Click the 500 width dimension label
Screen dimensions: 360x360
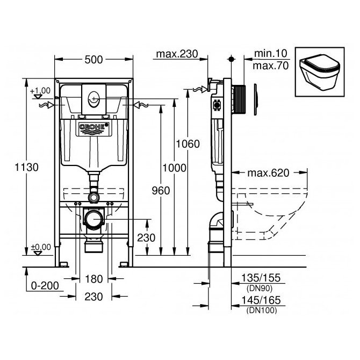point(93,60)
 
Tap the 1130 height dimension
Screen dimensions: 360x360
point(27,167)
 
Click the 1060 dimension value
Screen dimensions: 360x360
point(188,144)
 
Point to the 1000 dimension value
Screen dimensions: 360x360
point(175,168)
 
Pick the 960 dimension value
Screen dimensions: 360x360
point(161,191)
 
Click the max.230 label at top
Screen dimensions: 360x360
point(177,54)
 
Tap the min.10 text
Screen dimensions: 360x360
point(270,54)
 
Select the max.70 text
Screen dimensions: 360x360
point(270,66)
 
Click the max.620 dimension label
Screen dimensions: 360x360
point(268,173)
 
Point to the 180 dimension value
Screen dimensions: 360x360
point(93,279)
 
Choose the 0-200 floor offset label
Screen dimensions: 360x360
point(45,286)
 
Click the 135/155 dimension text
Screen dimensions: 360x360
point(261,278)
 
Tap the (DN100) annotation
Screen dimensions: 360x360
point(262,311)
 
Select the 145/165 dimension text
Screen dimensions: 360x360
point(261,300)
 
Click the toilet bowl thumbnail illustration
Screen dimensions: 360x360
point(320,72)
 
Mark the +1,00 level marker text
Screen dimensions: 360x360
point(40,91)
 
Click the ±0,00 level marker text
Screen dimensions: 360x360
point(41,247)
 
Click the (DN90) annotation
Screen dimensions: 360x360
point(260,289)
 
